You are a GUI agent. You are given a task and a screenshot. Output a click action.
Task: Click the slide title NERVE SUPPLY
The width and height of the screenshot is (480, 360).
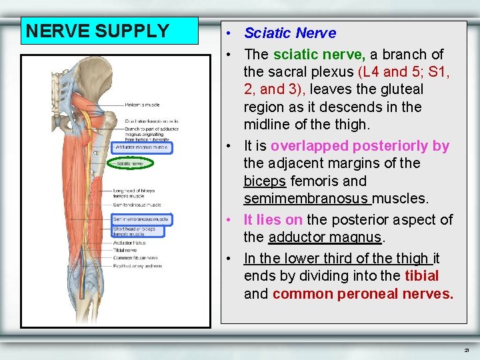point(97,31)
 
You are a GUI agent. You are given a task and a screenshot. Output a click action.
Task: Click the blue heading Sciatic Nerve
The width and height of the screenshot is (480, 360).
point(290,33)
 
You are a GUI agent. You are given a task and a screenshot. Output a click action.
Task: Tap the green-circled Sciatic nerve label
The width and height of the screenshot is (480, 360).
point(130,163)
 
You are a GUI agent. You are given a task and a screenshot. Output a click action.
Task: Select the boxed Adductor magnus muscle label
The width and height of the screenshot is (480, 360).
point(141,147)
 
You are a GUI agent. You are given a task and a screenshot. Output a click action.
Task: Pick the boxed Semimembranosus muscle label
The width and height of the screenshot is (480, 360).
point(141,219)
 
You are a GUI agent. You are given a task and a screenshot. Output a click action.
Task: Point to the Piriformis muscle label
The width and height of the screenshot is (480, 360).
point(142,104)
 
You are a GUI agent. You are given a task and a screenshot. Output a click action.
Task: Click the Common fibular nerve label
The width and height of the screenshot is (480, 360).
point(135,257)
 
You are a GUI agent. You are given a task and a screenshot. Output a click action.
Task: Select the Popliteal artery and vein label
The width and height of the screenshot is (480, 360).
point(137,265)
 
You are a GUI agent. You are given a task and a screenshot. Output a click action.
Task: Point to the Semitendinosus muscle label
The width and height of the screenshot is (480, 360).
point(137,205)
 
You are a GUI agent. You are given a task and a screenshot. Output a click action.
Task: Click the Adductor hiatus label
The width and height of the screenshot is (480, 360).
point(128,243)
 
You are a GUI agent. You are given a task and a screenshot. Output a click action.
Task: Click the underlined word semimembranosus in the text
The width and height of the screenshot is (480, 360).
point(307,199)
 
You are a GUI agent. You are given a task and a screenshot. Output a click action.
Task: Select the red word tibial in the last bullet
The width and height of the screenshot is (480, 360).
point(421,276)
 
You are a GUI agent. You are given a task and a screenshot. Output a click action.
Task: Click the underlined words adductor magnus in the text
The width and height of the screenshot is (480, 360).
point(324,237)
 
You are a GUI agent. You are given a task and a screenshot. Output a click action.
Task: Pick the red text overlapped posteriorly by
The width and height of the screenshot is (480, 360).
point(360,146)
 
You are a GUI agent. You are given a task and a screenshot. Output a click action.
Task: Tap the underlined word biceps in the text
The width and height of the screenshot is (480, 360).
point(265,181)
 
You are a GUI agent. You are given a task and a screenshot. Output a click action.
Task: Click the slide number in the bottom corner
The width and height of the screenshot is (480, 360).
point(467,349)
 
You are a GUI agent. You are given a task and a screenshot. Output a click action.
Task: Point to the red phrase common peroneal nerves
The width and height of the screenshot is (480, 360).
point(363,294)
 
